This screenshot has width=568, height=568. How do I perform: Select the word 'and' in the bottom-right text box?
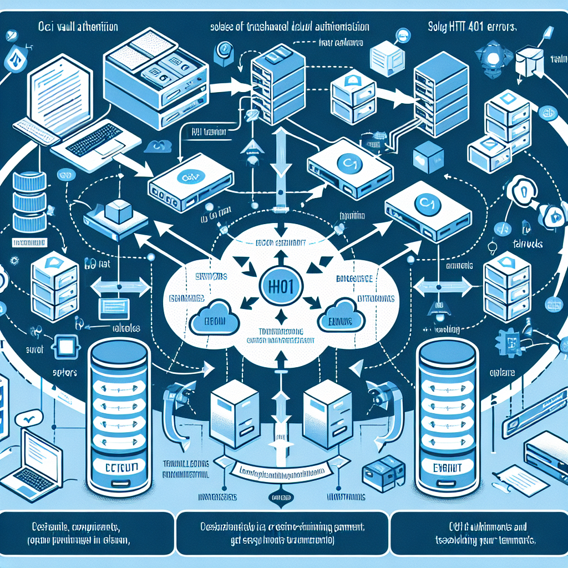tap(519, 527)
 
